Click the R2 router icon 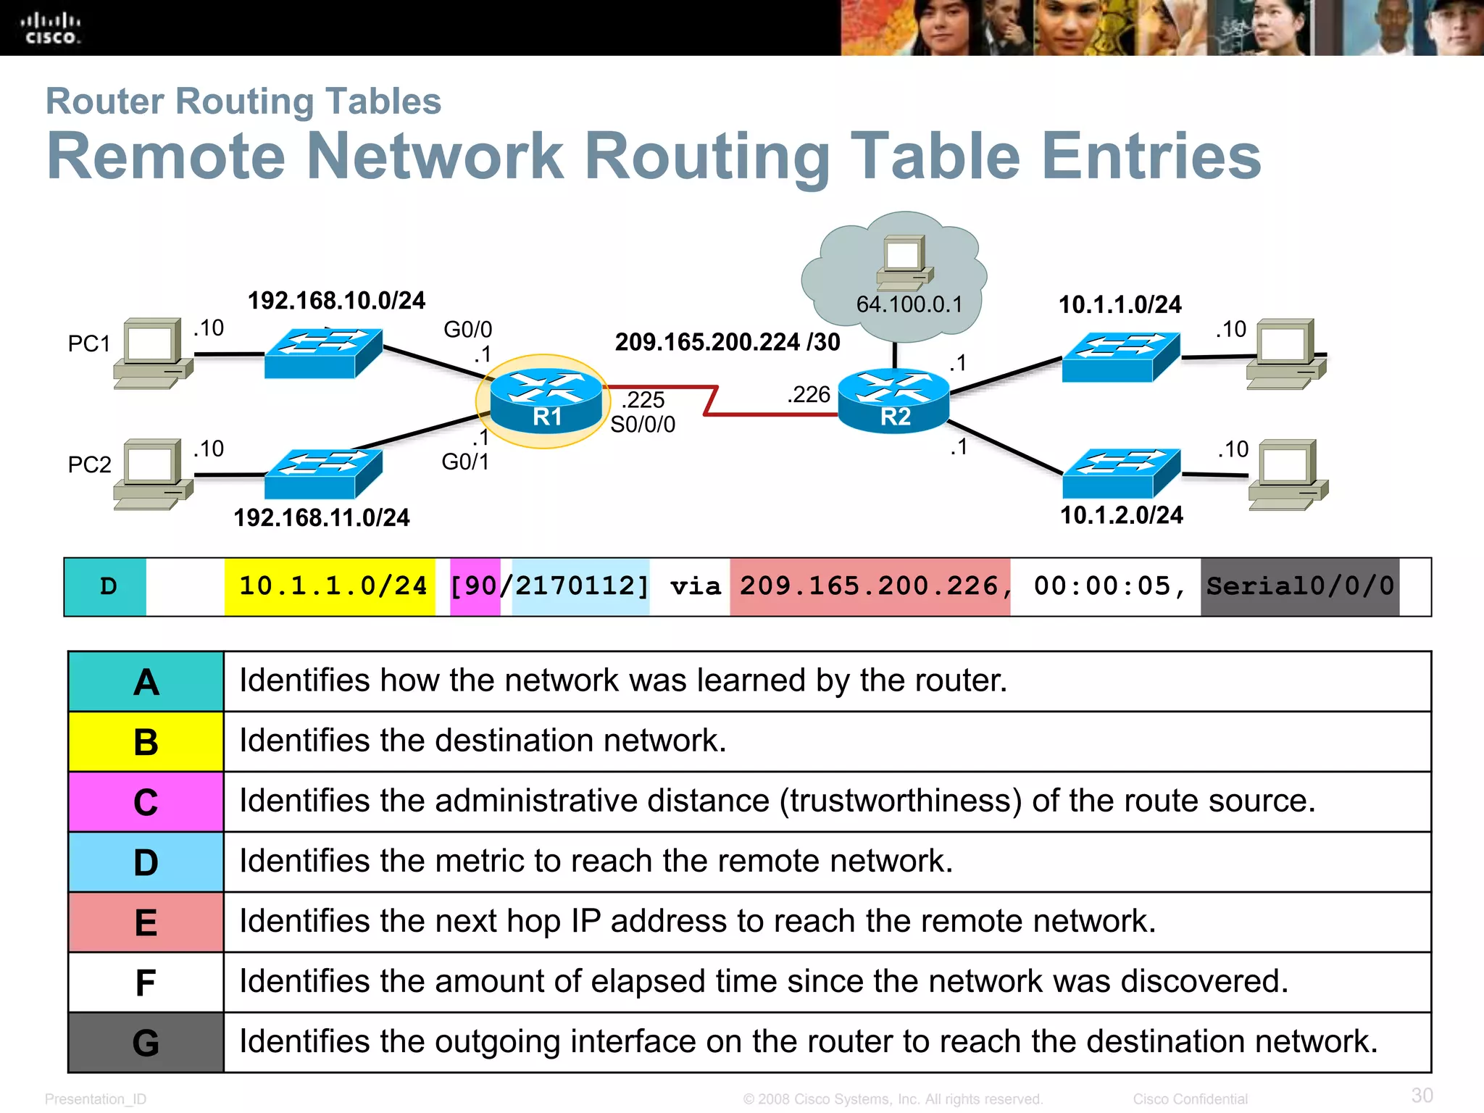pos(893,401)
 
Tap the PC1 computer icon pos(153,353)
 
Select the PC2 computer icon pos(153,474)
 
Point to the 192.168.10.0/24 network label pos(336,301)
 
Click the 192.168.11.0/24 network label pos(321,517)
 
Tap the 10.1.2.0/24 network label pos(1121,515)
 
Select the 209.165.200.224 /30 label pos(727,341)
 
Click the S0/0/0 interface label pos(643,425)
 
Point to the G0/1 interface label pos(465,462)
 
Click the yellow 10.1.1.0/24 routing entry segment pos(332,586)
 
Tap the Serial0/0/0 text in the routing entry pos(1300,586)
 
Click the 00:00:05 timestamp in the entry pos(1101,586)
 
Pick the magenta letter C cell pos(146,802)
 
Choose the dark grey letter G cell pos(146,1043)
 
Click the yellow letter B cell pos(146,742)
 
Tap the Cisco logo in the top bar pos(50,28)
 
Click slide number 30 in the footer pos(1422,1095)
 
